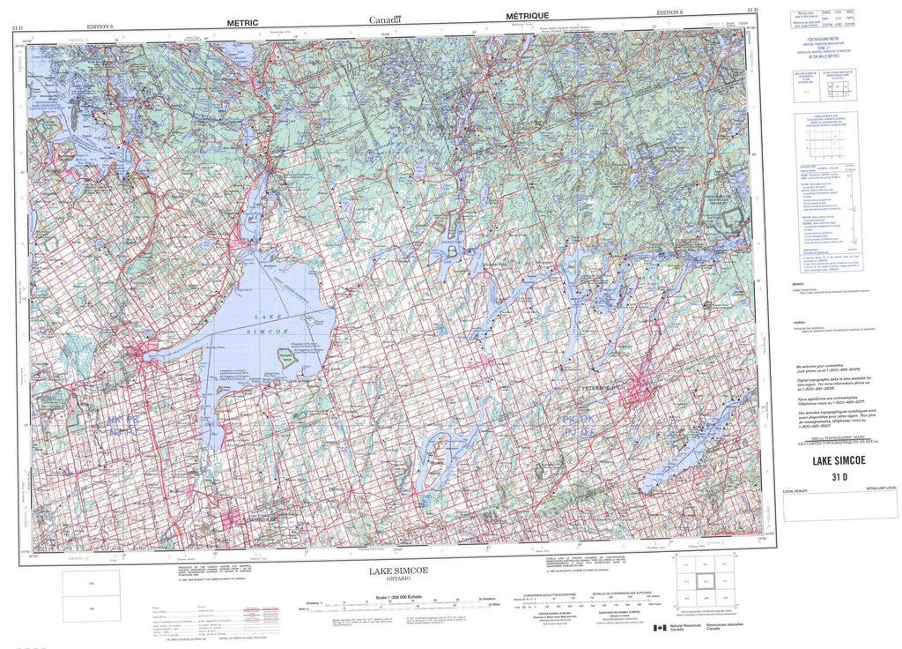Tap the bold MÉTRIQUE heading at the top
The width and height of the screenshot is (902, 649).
(x=528, y=16)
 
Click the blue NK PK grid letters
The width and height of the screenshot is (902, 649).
(x=122, y=424)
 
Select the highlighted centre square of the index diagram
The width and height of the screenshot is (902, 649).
(x=704, y=581)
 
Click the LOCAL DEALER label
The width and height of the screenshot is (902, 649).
(x=795, y=490)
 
